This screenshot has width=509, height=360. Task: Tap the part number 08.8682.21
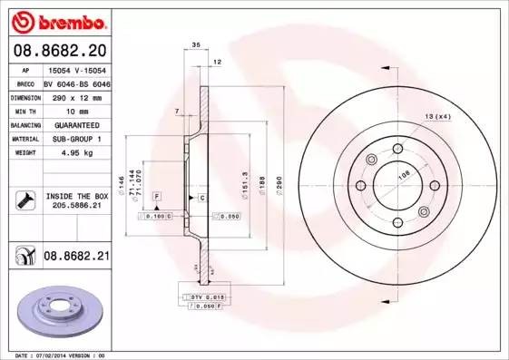(76, 258)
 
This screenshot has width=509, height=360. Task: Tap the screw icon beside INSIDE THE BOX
(24, 199)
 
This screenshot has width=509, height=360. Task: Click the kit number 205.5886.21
(76, 207)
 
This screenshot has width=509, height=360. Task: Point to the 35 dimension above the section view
(196, 44)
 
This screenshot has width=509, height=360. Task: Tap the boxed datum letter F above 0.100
(157, 197)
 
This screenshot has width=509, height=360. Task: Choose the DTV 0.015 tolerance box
(200, 297)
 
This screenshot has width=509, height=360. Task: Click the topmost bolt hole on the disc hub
(396, 150)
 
